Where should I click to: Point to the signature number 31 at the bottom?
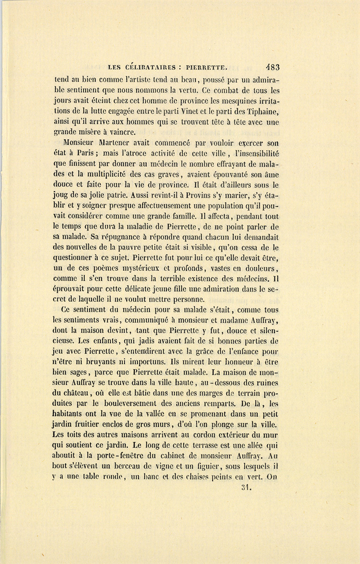point(246,487)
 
